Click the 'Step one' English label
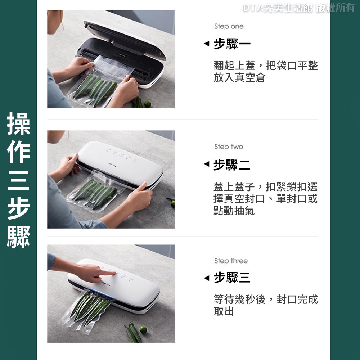point(229,26)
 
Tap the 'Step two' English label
point(229,147)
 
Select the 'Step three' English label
point(231,261)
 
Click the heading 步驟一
point(232,44)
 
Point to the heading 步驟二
point(232,165)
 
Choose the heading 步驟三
point(232,277)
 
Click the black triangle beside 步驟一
point(207,43)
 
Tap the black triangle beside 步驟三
point(207,278)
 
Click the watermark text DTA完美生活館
point(278,8)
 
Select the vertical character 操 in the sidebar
point(19,123)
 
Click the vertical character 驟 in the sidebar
point(19,237)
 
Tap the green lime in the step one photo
point(148,104)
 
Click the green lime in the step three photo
point(143,330)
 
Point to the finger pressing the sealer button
point(110,273)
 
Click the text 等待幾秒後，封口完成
point(266,300)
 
